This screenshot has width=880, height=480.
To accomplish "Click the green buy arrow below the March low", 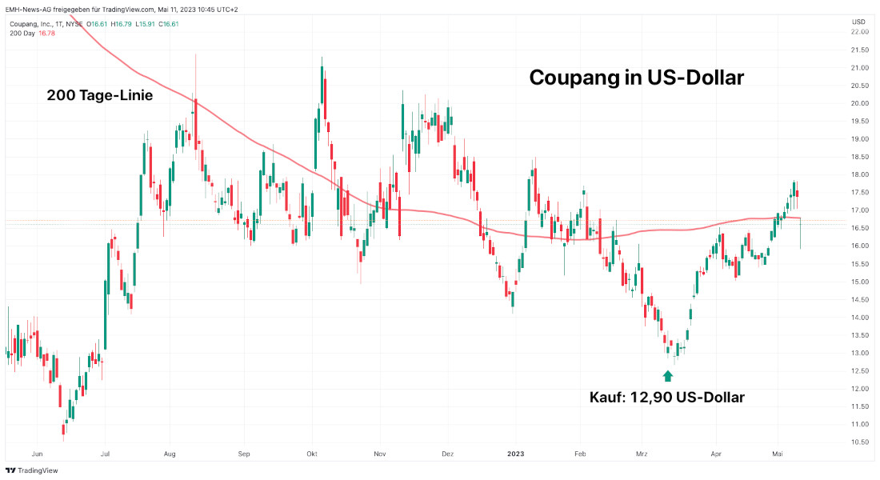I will click(x=668, y=374).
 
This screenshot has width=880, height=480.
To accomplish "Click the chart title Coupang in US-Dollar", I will click(x=637, y=78).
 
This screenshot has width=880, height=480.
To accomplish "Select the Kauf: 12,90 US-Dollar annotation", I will click(x=667, y=397).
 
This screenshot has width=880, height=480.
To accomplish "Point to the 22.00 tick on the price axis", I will click(x=861, y=32).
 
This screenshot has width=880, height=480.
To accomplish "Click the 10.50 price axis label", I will click(x=861, y=442).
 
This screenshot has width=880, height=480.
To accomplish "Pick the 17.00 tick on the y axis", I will click(x=861, y=210).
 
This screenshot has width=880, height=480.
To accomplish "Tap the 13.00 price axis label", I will click(x=861, y=353).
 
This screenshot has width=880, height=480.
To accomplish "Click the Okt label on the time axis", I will click(x=312, y=454).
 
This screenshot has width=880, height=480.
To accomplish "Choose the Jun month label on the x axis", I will click(x=37, y=454).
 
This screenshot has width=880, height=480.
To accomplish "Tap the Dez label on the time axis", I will click(x=447, y=454).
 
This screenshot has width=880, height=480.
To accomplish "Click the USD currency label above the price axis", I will click(x=858, y=21).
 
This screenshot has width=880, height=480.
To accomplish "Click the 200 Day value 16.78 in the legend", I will click(x=48, y=34).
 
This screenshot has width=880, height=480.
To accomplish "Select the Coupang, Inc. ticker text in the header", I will click(x=31, y=24).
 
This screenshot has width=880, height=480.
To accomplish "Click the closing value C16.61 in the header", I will click(x=169, y=24).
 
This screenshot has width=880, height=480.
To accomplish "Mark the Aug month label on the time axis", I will click(x=169, y=454).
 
